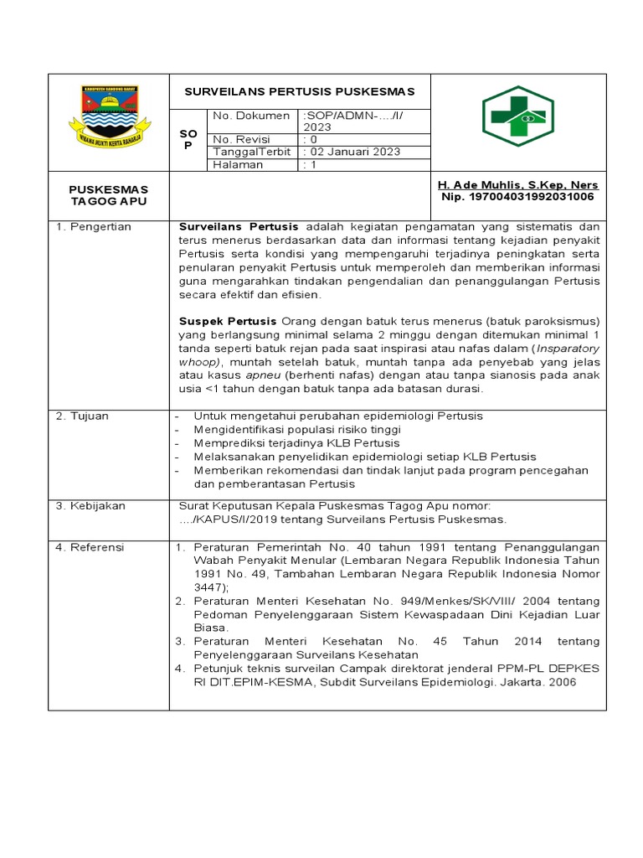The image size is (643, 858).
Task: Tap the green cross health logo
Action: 517,116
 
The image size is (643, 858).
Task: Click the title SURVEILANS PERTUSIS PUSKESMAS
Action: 299,91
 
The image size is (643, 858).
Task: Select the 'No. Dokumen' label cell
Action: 251,116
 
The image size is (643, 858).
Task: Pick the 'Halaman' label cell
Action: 238,164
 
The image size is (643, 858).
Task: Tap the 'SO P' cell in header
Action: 188,140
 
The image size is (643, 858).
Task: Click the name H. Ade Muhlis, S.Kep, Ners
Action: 518,184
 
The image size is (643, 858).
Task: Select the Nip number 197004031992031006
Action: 517,197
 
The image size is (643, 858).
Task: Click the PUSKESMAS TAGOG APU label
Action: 108,196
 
